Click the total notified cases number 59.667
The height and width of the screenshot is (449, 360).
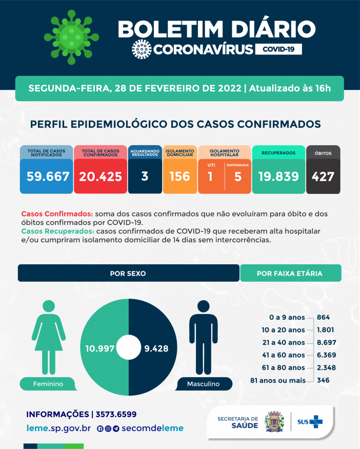tap(48, 177)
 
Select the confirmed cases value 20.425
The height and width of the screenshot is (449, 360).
tap(101, 177)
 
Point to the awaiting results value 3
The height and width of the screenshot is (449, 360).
tap(145, 177)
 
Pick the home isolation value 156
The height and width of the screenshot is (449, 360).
tap(179, 177)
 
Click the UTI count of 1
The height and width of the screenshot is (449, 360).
tap(211, 177)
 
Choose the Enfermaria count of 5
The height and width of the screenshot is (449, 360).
tap(237, 177)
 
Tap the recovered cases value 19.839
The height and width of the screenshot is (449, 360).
tap(278, 177)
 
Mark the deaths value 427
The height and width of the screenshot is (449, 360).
tap(323, 177)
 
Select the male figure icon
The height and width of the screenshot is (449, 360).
tap(203, 336)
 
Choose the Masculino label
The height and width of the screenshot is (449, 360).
tap(203, 384)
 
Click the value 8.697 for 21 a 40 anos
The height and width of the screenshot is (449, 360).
tap(327, 342)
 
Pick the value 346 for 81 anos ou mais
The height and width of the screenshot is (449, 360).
tap(323, 380)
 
